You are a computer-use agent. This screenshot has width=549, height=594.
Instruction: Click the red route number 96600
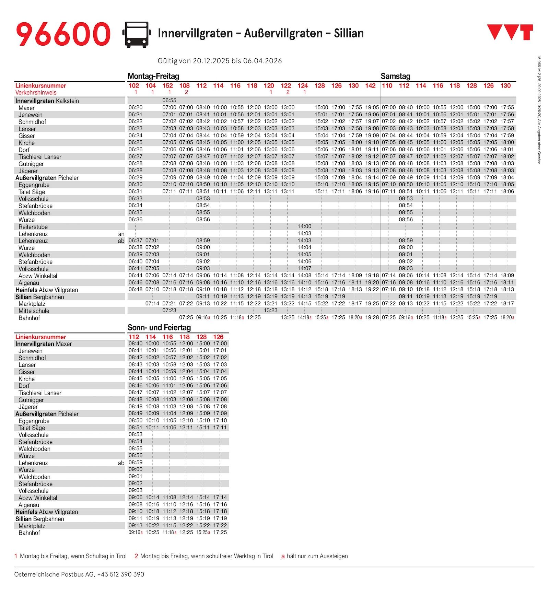[63, 34]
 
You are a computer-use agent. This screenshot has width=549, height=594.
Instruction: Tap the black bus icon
[137, 34]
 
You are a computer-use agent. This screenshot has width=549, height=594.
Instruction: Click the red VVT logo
[510, 32]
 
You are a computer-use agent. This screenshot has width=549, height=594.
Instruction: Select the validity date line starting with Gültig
[220, 61]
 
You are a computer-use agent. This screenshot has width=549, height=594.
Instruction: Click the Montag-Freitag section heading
[153, 76]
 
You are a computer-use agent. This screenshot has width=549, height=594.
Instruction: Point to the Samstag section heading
[395, 76]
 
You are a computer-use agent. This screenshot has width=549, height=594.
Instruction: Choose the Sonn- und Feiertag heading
[159, 327]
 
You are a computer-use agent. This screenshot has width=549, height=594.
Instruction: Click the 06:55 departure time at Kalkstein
[169, 101]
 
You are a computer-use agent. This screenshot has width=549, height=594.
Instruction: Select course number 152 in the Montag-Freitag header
[167, 86]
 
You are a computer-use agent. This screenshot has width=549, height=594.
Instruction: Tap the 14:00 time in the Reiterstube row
[304, 226]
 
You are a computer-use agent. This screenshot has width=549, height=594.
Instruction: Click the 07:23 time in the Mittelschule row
[169, 310]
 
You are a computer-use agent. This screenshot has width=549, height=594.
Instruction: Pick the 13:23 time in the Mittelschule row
[270, 310]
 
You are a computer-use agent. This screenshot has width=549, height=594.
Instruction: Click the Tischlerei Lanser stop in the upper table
[40, 157]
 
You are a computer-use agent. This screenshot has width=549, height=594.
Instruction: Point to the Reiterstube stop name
[33, 227]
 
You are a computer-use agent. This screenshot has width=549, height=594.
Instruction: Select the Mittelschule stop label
[34, 311]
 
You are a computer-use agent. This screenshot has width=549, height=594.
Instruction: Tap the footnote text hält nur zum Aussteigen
[317, 556]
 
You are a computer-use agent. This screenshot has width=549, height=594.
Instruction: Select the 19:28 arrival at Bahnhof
[372, 317]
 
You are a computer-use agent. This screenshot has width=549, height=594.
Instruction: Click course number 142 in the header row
[370, 86]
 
